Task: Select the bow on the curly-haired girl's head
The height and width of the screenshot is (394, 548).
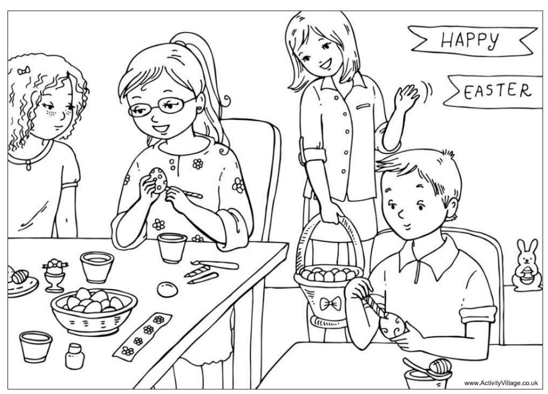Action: click(22, 71)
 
